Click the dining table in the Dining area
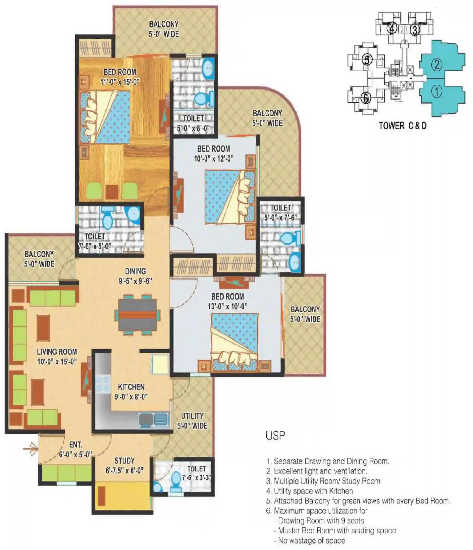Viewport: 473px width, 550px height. tap(137, 315)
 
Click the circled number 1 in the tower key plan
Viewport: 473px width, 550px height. tap(436, 91)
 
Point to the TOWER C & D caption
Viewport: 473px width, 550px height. tap(402, 126)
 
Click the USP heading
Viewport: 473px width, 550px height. tap(275, 436)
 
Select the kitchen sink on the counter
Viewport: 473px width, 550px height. tap(154, 420)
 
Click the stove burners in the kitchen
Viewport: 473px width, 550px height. tap(102, 384)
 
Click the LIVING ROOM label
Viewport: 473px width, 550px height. tap(57, 352)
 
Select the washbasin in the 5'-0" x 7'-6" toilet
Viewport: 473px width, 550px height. tap(295, 262)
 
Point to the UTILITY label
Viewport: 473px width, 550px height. tap(192, 416)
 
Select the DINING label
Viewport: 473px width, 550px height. tap(135, 271)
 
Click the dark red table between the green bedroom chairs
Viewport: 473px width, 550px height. tap(112, 192)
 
